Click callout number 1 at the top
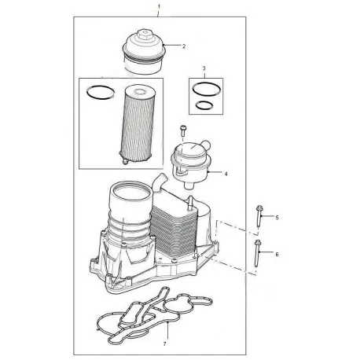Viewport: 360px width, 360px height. click(159, 6)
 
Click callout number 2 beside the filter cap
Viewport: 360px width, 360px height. click(183, 47)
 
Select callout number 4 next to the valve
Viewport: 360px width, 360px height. click(226, 172)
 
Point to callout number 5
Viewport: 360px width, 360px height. click(276, 215)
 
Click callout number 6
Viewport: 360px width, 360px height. click(276, 254)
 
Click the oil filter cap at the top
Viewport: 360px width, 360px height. click(147, 52)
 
